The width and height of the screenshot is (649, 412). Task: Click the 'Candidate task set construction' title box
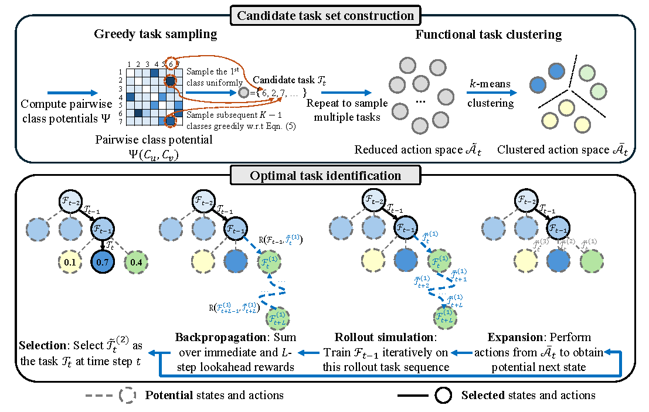324,15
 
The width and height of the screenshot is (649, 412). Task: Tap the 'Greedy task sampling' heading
155,34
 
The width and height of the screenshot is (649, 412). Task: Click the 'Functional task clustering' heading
488,34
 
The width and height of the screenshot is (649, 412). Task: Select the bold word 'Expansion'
515,338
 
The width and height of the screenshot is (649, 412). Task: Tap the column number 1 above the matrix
128,64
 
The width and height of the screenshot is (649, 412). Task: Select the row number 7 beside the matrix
120,122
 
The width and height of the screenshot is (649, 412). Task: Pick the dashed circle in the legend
128,396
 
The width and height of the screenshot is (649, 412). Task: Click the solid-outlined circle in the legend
443,396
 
